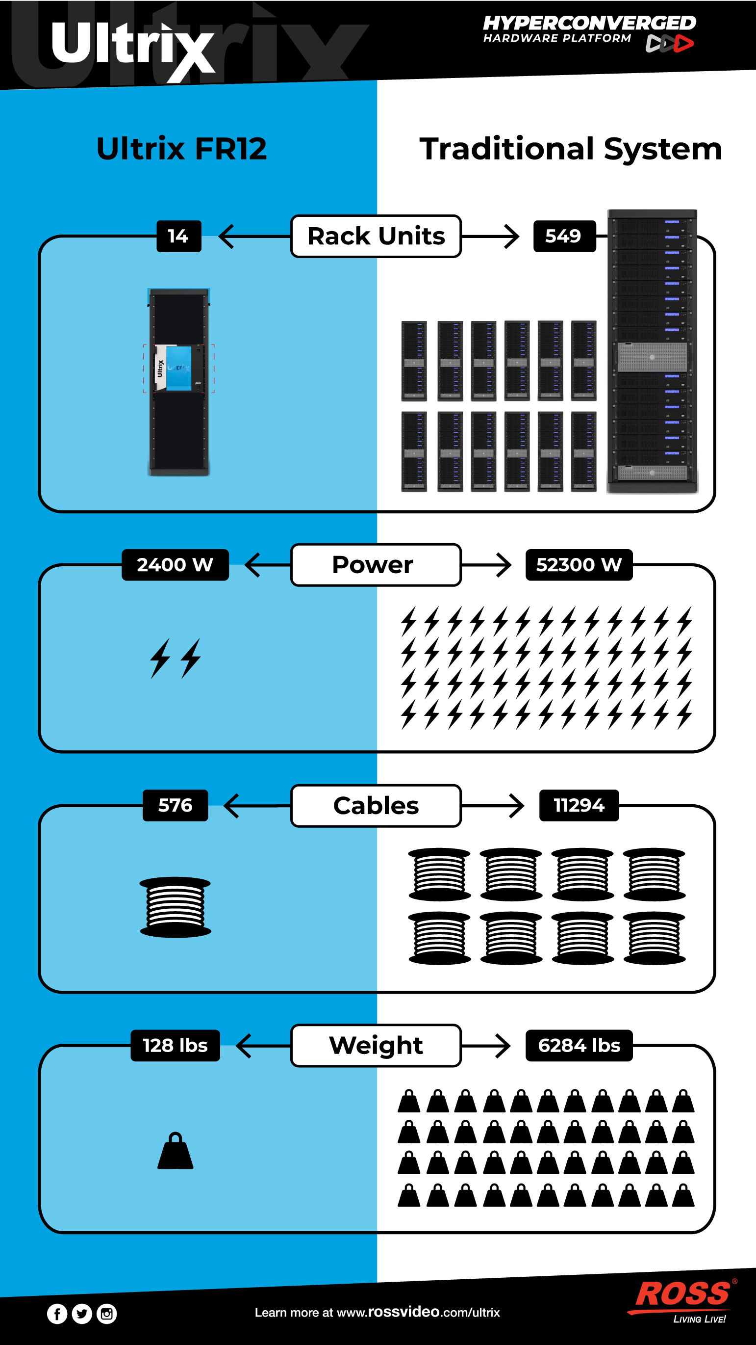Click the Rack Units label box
tap(376, 236)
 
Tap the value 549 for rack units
tap(564, 236)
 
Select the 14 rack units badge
tap(178, 236)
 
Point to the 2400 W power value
tap(175, 564)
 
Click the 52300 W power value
tap(579, 564)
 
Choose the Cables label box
tap(376, 805)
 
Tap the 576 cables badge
tap(176, 805)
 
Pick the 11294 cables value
tap(579, 805)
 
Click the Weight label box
tap(376, 1045)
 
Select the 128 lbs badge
tap(176, 1045)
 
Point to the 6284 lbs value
tap(579, 1045)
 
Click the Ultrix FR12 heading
tap(181, 148)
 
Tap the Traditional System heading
tap(571, 148)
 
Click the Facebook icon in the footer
tap(57, 1313)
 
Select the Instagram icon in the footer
tap(107, 1313)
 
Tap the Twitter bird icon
tap(82, 1313)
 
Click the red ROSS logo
tap(683, 1295)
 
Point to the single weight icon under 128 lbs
tap(176, 1151)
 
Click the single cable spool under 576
tap(176, 907)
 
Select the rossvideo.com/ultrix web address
tap(418, 1312)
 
